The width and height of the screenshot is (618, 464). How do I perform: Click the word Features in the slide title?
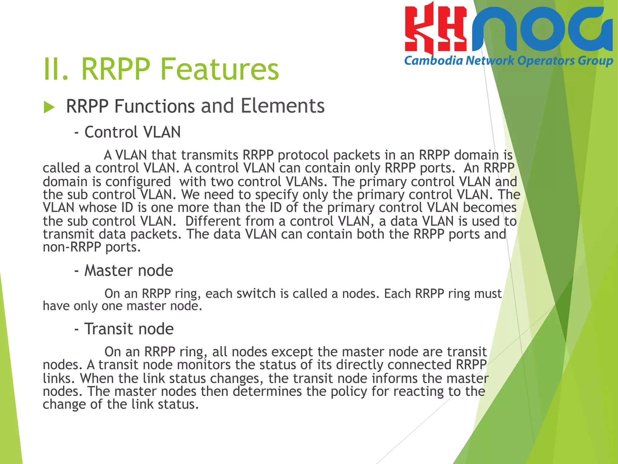pos(219,69)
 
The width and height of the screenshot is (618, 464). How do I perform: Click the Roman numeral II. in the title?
pos(56,69)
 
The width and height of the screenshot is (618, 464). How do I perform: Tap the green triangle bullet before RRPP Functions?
pos(49,107)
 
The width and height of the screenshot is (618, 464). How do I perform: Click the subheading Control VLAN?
pos(132,132)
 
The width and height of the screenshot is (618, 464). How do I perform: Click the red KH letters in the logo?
pos(435,29)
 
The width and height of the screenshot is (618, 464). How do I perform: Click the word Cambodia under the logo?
pos(433,61)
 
